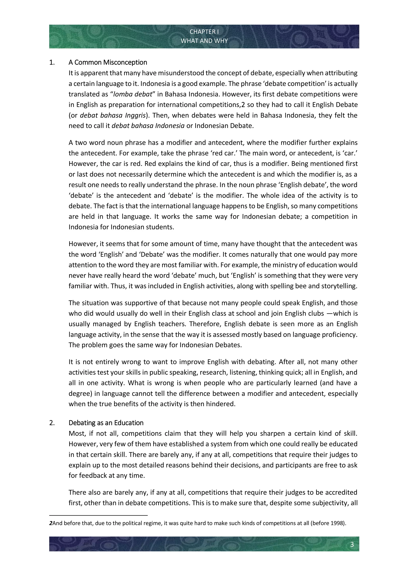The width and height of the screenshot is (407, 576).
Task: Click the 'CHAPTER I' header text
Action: click(x=204, y=32)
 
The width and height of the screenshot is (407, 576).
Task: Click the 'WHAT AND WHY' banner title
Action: click(x=204, y=41)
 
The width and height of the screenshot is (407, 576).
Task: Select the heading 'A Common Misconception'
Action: click(x=108, y=62)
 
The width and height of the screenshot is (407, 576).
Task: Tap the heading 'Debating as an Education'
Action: click(x=106, y=423)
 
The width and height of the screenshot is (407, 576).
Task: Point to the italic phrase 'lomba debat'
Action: click(x=133, y=94)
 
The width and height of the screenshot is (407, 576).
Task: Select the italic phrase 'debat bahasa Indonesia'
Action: click(x=148, y=126)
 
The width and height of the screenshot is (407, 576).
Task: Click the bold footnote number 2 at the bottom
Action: click(x=51, y=523)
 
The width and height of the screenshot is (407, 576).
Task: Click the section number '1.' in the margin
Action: click(x=52, y=62)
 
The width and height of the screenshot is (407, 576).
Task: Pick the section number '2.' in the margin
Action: click(x=52, y=423)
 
